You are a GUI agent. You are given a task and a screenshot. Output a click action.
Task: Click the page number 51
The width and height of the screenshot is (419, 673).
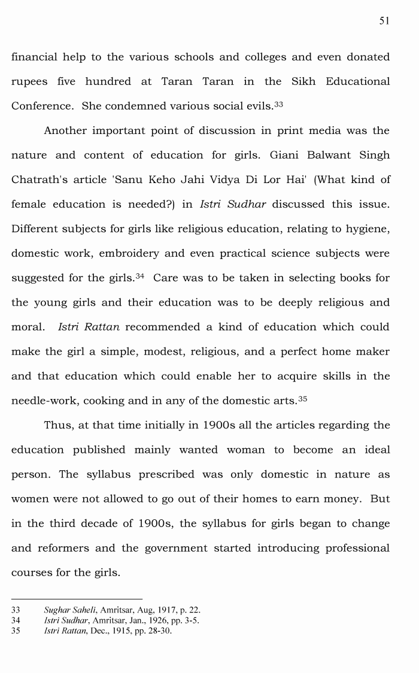[x=384, y=21]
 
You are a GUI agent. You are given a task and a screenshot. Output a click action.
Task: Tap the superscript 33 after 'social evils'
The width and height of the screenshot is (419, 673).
[x=278, y=104]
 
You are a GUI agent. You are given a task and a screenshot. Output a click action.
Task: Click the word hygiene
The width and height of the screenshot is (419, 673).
[x=369, y=229]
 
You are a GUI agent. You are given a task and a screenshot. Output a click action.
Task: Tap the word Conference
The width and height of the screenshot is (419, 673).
[x=41, y=106]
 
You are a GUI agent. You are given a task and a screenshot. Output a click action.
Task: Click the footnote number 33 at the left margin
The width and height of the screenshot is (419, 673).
[x=16, y=610]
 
